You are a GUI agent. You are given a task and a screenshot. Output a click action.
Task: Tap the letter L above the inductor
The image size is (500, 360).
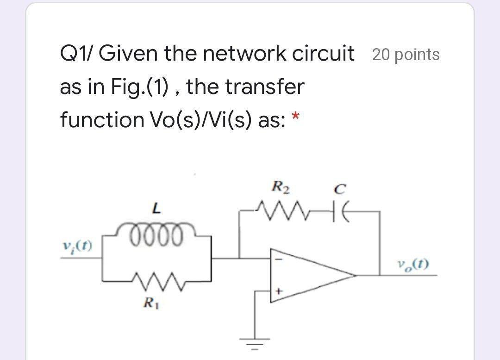[157, 210]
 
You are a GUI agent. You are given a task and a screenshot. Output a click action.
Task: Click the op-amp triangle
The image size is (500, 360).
[306, 276]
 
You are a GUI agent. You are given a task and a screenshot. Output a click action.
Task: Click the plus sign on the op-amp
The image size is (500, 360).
[279, 292]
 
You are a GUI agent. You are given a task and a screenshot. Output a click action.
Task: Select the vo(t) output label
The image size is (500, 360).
[412, 265]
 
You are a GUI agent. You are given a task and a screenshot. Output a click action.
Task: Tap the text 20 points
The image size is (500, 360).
[406, 55]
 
